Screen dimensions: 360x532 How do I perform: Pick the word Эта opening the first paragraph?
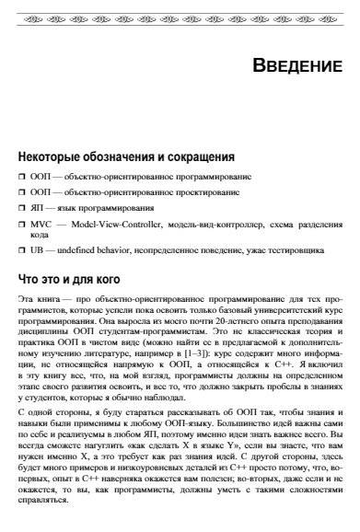click(27, 300)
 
